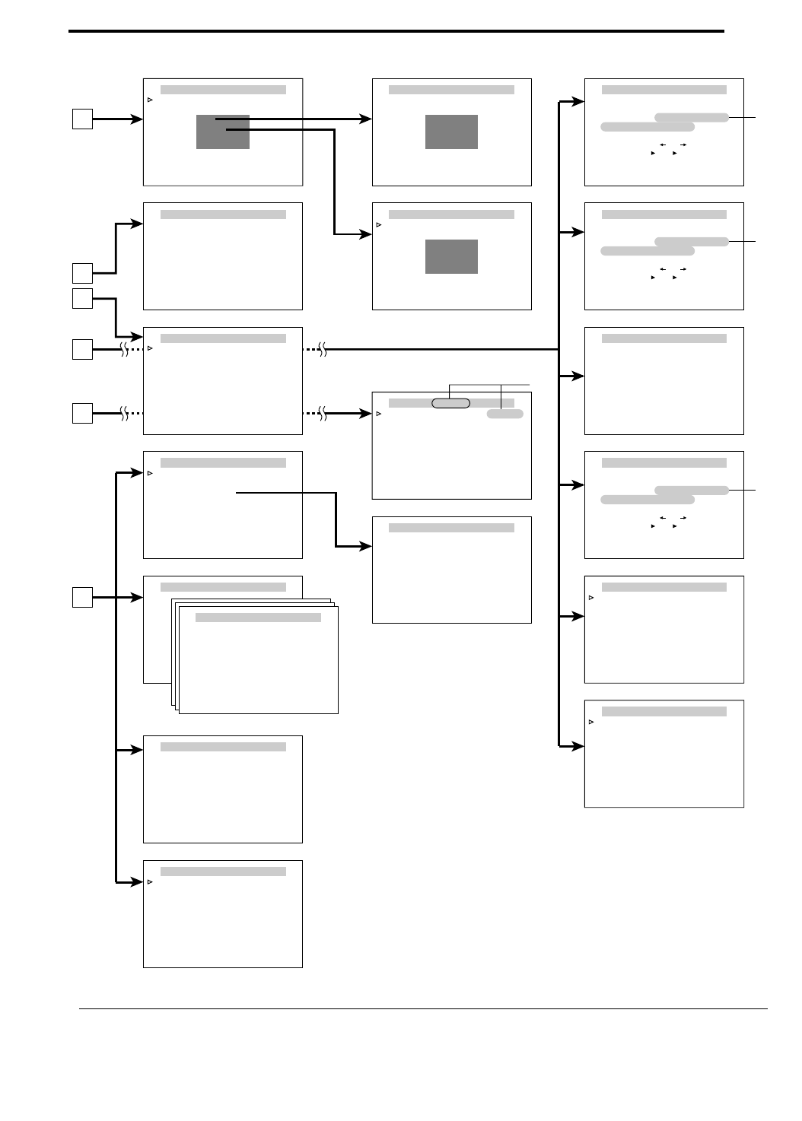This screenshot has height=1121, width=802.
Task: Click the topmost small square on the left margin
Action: [83, 119]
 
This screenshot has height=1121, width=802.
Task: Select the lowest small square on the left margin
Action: [83, 597]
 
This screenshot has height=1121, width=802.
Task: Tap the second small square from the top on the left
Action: [83, 272]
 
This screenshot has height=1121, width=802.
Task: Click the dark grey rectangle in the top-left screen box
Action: [223, 132]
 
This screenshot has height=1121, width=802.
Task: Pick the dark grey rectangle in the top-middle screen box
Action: [451, 132]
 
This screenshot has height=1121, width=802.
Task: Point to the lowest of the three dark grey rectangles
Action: [451, 256]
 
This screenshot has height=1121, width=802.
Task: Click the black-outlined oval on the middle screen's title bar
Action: [450, 403]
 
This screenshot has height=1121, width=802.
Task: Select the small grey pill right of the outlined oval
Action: [505, 414]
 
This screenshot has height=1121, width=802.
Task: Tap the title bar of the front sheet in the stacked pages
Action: [258, 618]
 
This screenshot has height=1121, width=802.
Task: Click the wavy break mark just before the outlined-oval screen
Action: [323, 414]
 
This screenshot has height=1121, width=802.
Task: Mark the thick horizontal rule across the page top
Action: [396, 31]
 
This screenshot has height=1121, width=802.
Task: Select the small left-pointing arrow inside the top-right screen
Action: [663, 144]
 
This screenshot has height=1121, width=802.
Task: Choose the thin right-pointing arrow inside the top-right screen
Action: [683, 144]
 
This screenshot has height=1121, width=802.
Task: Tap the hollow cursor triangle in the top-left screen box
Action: [150, 100]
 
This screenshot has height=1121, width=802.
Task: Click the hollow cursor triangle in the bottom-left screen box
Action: [150, 881]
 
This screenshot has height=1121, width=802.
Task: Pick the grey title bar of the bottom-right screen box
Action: [664, 711]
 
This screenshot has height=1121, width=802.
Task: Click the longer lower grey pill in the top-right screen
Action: [647, 127]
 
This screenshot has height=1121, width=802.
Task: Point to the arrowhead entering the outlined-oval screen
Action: [367, 414]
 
